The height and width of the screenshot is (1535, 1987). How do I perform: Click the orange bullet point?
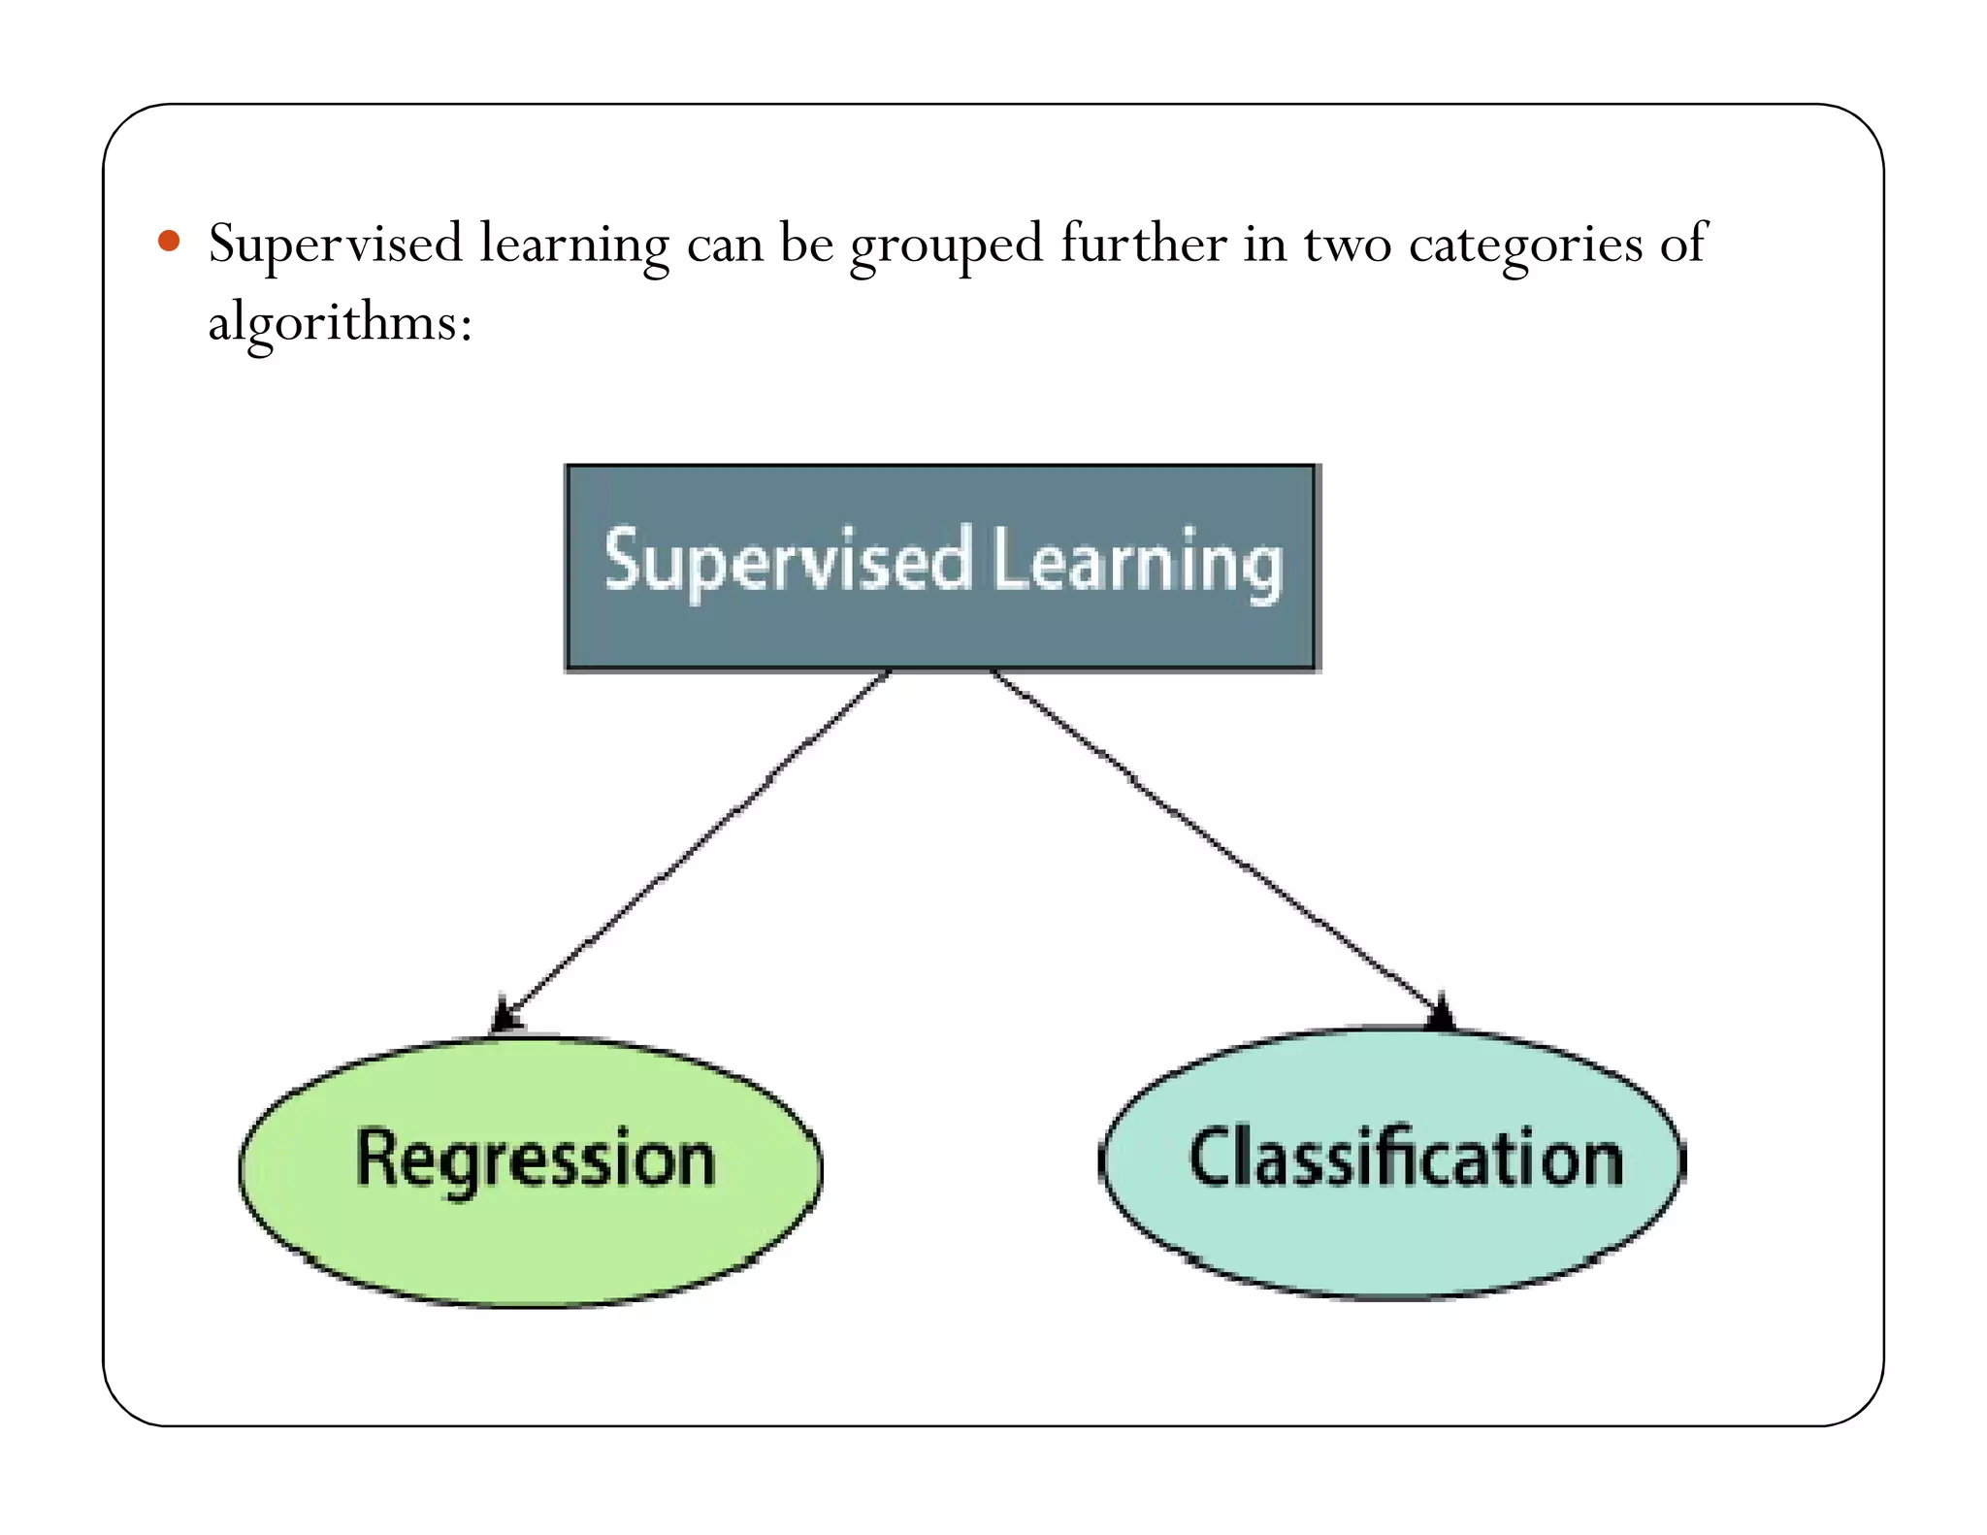(169, 241)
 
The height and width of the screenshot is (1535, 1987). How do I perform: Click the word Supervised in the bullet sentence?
(335, 245)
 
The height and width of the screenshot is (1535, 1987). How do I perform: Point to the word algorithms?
(340, 323)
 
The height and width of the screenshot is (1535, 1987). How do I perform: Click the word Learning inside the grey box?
(1137, 564)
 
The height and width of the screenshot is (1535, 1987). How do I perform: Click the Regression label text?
(536, 1159)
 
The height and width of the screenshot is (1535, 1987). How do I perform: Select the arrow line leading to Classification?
(1213, 839)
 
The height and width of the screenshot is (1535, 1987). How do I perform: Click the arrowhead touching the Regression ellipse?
(505, 1017)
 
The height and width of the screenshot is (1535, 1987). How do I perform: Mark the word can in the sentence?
(725, 245)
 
